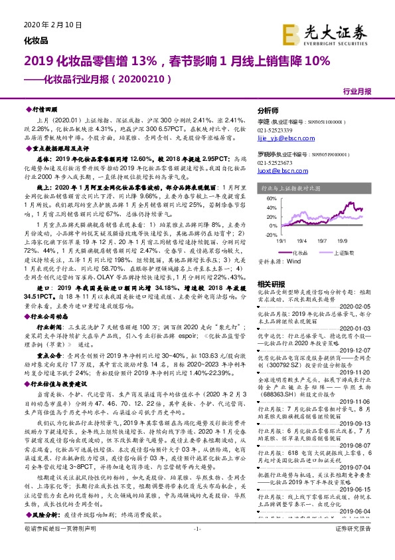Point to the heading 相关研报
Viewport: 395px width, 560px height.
tap(270, 284)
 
